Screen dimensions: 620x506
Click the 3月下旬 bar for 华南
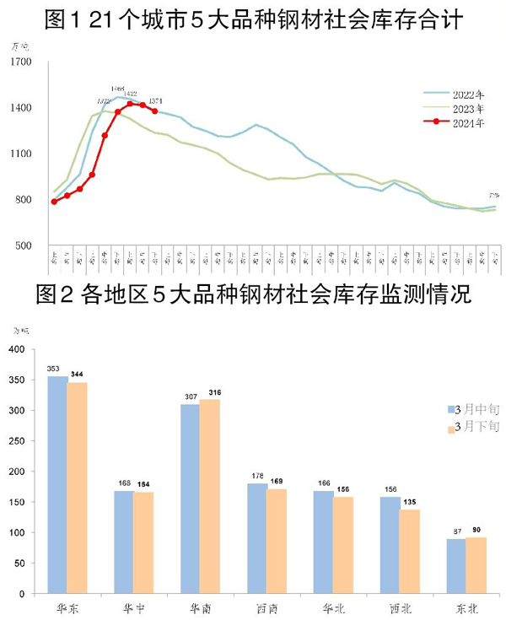pos(209,497)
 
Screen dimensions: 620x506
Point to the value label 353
pos(56,369)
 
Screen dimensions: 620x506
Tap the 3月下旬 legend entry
pos(476,428)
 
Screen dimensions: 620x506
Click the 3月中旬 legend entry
pos(476,410)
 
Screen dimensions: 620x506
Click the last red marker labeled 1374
pos(154,111)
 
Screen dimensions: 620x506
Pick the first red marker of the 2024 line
pos(54,202)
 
